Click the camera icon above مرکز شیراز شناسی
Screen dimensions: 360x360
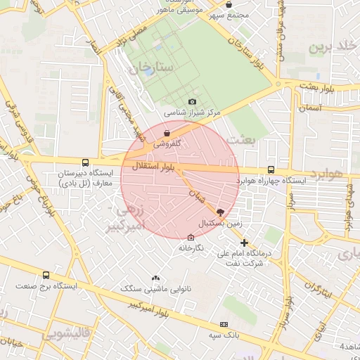pos(192,102)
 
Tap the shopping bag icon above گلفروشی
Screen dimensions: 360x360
pos(166,132)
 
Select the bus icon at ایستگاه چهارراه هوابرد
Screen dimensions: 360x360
pos(271,169)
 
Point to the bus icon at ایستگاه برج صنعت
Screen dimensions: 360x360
pos(46,275)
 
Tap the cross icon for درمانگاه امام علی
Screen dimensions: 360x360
pos(244,243)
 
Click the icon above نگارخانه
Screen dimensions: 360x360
pos(191,238)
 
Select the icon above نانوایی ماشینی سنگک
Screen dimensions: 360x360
pos(155,278)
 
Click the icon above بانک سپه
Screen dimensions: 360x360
pos(224,324)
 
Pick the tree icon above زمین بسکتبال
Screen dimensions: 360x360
pos(221,212)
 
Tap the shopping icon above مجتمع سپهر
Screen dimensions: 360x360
pos(229,5)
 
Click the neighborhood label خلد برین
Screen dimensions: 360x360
pos(328,47)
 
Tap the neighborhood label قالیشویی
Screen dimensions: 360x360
pos(66,334)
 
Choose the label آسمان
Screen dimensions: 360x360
pos(309,108)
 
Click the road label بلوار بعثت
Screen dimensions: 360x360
pos(333,88)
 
